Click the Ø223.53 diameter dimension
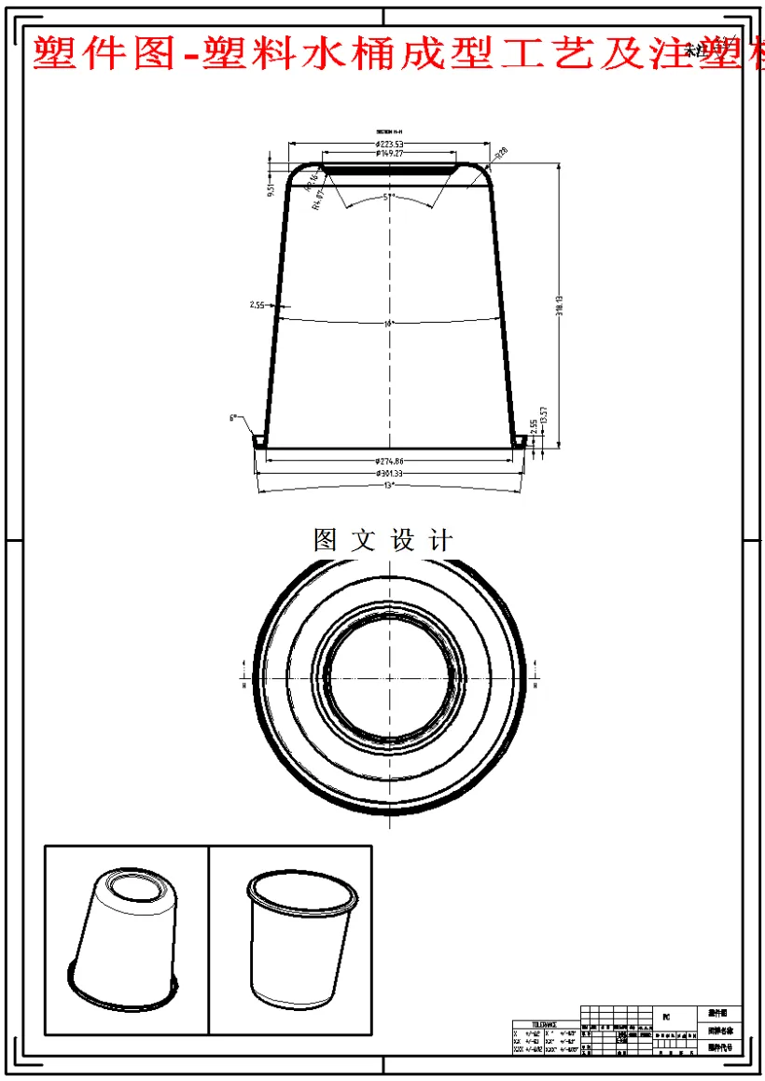pyautogui.click(x=389, y=145)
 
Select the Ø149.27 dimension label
pyautogui.click(x=389, y=153)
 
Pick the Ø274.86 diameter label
pyautogui.click(x=389, y=462)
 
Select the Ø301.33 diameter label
pyautogui.click(x=389, y=474)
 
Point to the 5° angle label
pyautogui.click(x=389, y=198)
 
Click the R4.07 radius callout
pyautogui.click(x=316, y=199)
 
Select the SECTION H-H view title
pyautogui.click(x=389, y=132)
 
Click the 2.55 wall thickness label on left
pyautogui.click(x=257, y=305)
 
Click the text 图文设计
pyautogui.click(x=383, y=540)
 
